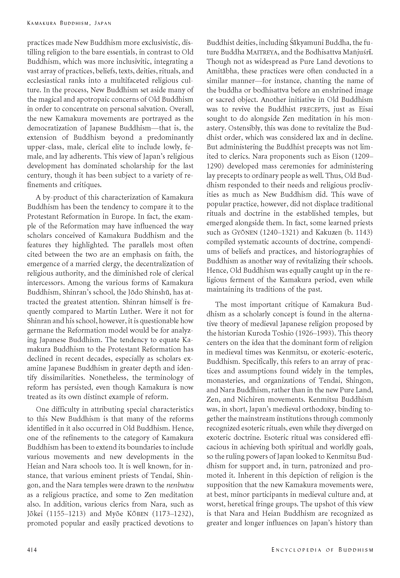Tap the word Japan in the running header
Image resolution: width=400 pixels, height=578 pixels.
tap(103, 23)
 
